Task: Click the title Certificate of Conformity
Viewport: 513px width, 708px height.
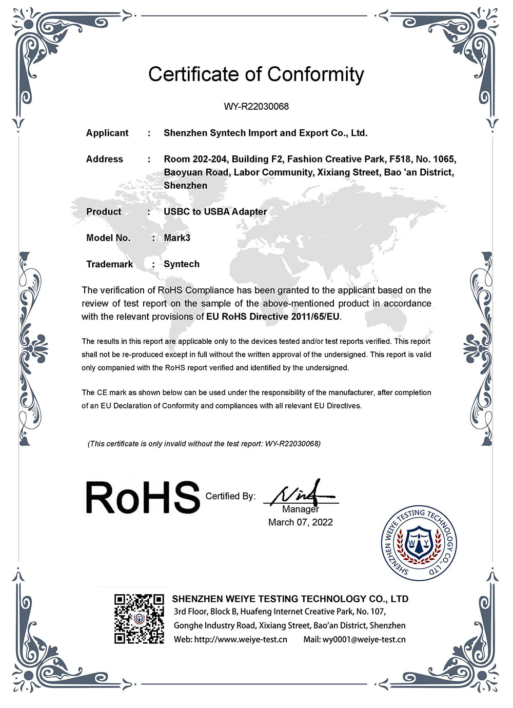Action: (256, 74)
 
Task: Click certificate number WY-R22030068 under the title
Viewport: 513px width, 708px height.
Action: (256, 107)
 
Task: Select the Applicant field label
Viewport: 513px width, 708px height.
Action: (107, 133)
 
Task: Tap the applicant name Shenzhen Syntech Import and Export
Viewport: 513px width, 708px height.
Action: (265, 133)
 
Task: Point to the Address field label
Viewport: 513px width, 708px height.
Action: (105, 159)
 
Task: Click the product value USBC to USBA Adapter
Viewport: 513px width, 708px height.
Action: (215, 211)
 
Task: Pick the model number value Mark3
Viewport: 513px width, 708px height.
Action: (177, 238)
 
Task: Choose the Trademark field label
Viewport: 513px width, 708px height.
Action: (109, 264)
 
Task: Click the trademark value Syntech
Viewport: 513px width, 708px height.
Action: (182, 264)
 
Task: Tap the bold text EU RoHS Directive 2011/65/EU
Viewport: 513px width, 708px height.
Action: (273, 317)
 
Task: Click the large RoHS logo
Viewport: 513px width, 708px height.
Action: (142, 497)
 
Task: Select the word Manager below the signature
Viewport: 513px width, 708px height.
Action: (301, 509)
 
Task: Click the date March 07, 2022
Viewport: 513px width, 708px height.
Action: (301, 522)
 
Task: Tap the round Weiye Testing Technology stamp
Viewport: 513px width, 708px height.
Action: (419, 543)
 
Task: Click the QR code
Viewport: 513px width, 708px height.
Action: (139, 618)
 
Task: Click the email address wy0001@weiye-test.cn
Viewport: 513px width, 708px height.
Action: (364, 639)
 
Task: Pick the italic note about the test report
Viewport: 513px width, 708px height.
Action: (204, 443)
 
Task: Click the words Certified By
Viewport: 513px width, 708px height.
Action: (230, 496)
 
